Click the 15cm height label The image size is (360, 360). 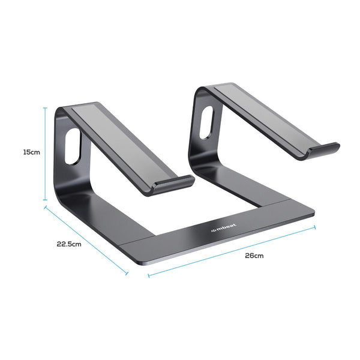pos(32,152)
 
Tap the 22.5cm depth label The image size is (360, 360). pos(69,244)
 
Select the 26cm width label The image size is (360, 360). pos(254,256)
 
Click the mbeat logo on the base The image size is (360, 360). pos(223,228)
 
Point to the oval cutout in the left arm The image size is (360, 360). pos(73,146)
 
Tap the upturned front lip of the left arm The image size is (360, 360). pos(172,185)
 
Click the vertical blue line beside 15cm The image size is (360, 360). pos(45,154)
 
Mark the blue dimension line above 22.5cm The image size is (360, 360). pos(86,238)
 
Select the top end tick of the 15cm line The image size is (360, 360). pos(45,107)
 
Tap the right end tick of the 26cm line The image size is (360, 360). pos(315,226)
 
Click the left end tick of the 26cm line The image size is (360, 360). pos(148,277)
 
